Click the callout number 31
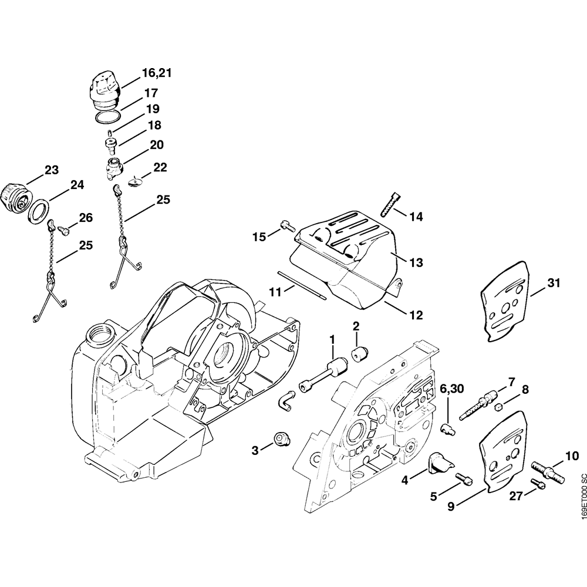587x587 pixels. point(554,284)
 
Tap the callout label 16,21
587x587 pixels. point(156,74)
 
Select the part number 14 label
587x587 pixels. point(416,217)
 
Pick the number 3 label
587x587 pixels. point(255,450)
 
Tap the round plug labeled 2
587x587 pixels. point(358,354)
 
